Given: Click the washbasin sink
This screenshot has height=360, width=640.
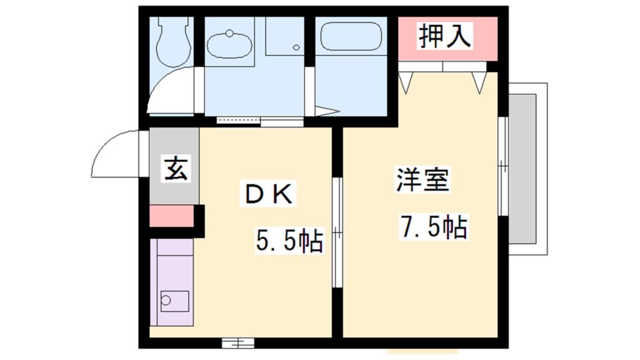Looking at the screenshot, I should [229, 44].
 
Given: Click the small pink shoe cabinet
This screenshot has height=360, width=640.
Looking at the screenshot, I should [171, 215].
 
